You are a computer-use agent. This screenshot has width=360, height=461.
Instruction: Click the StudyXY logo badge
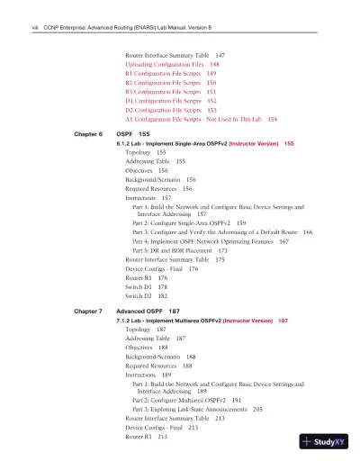(329, 442)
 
